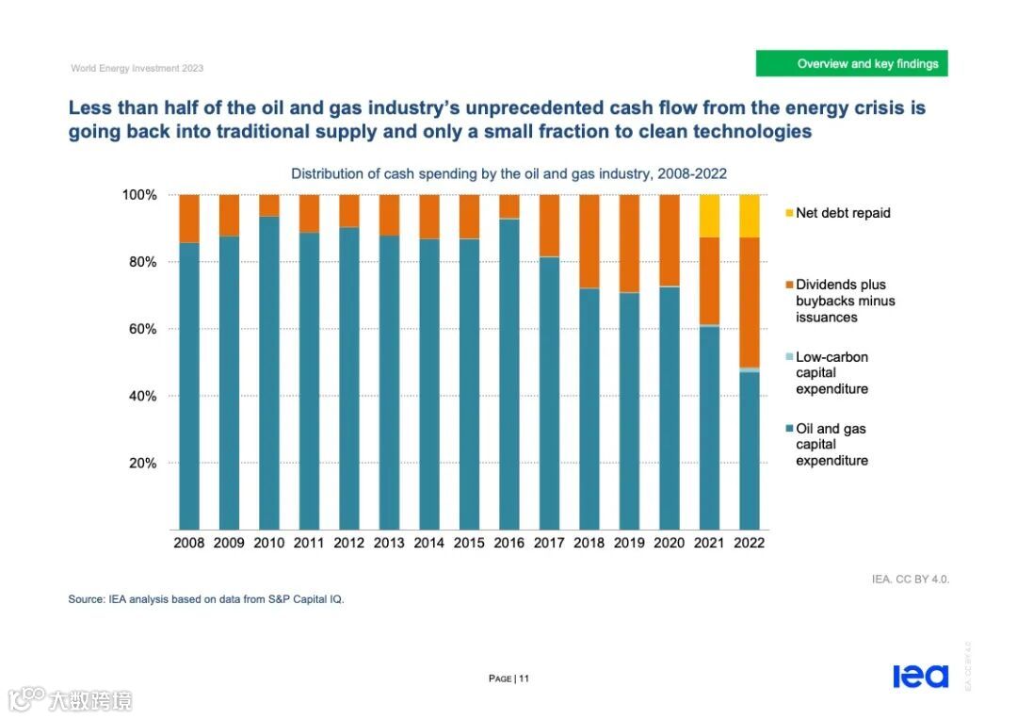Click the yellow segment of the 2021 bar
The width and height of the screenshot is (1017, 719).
(709, 216)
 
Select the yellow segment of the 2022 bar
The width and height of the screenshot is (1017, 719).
(750, 216)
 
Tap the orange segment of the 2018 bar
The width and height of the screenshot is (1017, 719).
(589, 241)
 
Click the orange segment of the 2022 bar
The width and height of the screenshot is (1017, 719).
(750, 302)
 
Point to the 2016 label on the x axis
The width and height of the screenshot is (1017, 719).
(509, 543)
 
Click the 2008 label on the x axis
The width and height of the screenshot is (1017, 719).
(189, 543)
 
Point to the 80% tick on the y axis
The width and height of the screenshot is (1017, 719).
(138, 262)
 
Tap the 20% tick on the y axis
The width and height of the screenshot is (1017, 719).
(138, 463)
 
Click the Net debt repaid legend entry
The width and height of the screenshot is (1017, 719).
(842, 213)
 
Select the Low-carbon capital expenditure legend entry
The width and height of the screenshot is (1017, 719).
(831, 373)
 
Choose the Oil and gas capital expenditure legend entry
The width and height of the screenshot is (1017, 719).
(831, 445)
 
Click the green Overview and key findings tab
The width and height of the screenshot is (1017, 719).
(851, 64)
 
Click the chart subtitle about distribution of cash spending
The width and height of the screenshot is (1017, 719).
(508, 173)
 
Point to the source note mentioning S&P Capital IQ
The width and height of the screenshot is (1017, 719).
(206, 599)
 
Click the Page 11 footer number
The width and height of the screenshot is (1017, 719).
(509, 678)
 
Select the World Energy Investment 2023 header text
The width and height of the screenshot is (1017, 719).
(137, 68)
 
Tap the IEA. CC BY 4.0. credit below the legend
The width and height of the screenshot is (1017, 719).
(911, 580)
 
